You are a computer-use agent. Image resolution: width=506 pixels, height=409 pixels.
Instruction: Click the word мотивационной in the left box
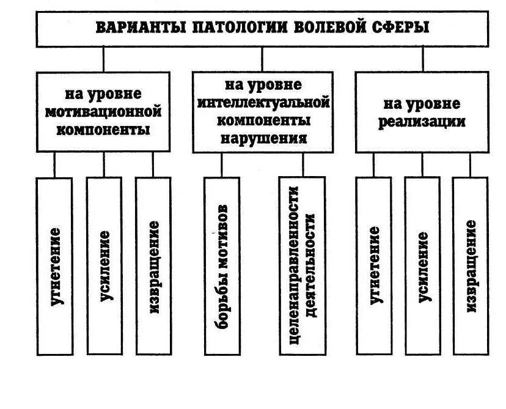point(103,112)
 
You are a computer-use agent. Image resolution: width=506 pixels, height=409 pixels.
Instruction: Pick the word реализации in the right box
point(422,121)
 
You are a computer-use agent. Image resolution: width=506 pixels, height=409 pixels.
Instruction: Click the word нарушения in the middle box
point(263,137)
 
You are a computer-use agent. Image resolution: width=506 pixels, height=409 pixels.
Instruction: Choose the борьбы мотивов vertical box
point(222,265)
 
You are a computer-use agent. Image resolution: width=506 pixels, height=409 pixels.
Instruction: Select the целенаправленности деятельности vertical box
point(302,265)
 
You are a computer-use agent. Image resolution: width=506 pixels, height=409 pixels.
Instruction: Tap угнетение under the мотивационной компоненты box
point(54,265)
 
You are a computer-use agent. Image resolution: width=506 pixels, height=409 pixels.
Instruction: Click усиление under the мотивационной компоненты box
point(104,265)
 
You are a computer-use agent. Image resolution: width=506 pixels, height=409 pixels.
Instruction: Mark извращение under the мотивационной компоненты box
point(153,265)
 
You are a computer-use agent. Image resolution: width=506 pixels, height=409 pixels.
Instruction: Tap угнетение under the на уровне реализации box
point(373,265)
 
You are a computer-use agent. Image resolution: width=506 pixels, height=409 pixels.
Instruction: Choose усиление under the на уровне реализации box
point(422,265)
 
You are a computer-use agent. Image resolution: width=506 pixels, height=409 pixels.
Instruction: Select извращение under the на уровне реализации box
point(471,265)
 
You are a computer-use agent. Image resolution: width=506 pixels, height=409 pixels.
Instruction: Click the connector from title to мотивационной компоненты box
point(103,59)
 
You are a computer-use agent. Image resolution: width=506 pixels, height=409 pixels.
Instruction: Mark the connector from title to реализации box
point(422,59)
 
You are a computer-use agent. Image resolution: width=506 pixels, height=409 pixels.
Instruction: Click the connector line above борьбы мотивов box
point(222,164)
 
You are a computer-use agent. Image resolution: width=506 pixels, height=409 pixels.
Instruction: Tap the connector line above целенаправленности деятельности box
point(302,164)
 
